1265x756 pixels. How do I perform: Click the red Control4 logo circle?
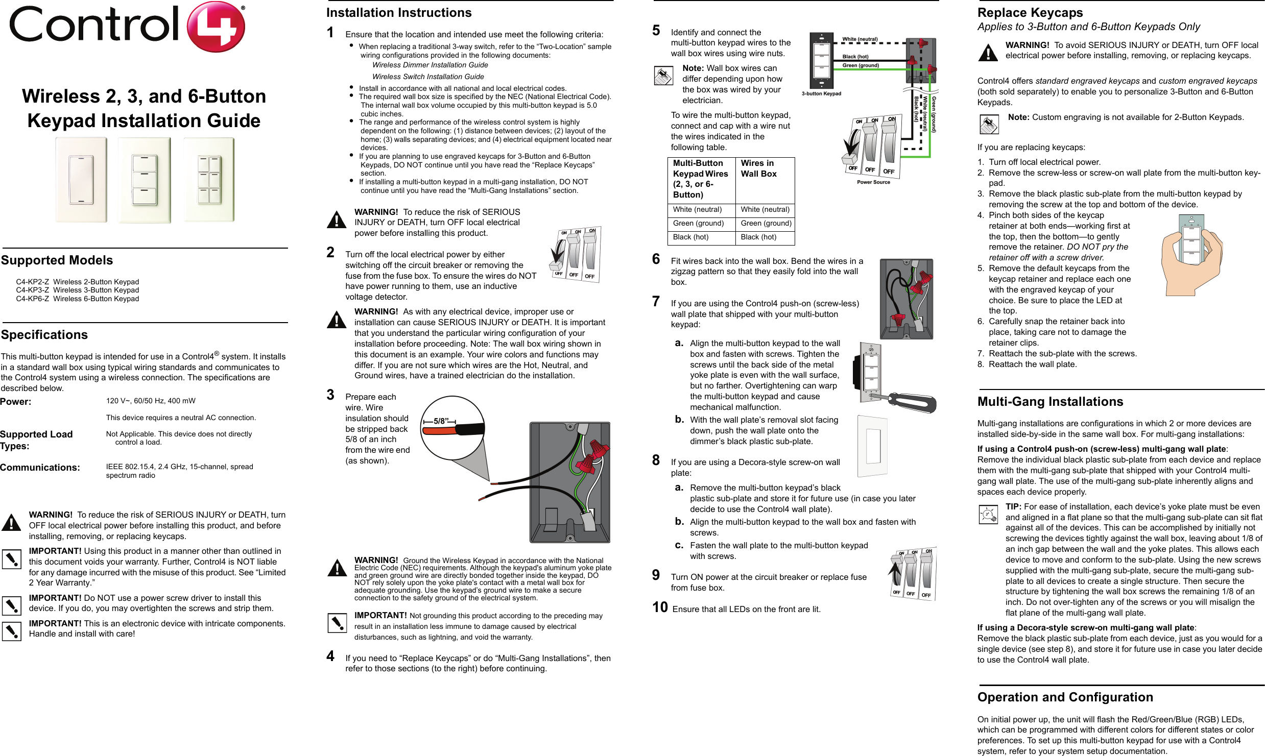(x=216, y=27)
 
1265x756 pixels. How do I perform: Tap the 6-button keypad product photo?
(x=209, y=180)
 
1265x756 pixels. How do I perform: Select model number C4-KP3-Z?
(x=32, y=290)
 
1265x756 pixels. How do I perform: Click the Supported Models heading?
(x=57, y=260)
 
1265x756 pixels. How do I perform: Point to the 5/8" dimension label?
(x=440, y=421)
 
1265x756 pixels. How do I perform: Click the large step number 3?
(x=330, y=395)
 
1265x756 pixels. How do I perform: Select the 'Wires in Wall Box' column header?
(x=758, y=168)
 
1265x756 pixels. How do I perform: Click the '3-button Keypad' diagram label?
(x=821, y=94)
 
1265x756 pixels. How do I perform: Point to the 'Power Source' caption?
(x=873, y=182)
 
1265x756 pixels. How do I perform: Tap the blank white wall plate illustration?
(x=872, y=446)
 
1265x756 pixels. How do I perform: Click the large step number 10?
(x=660, y=607)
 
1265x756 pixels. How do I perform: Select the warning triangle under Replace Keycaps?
(x=988, y=52)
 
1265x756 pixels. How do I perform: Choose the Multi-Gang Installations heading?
(x=1050, y=402)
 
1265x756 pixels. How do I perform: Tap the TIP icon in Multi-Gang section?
(x=988, y=514)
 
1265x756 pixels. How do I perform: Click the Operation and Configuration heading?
(x=1065, y=697)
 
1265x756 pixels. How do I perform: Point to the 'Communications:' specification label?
(x=40, y=468)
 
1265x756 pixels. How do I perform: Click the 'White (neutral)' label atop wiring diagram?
(x=860, y=39)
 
